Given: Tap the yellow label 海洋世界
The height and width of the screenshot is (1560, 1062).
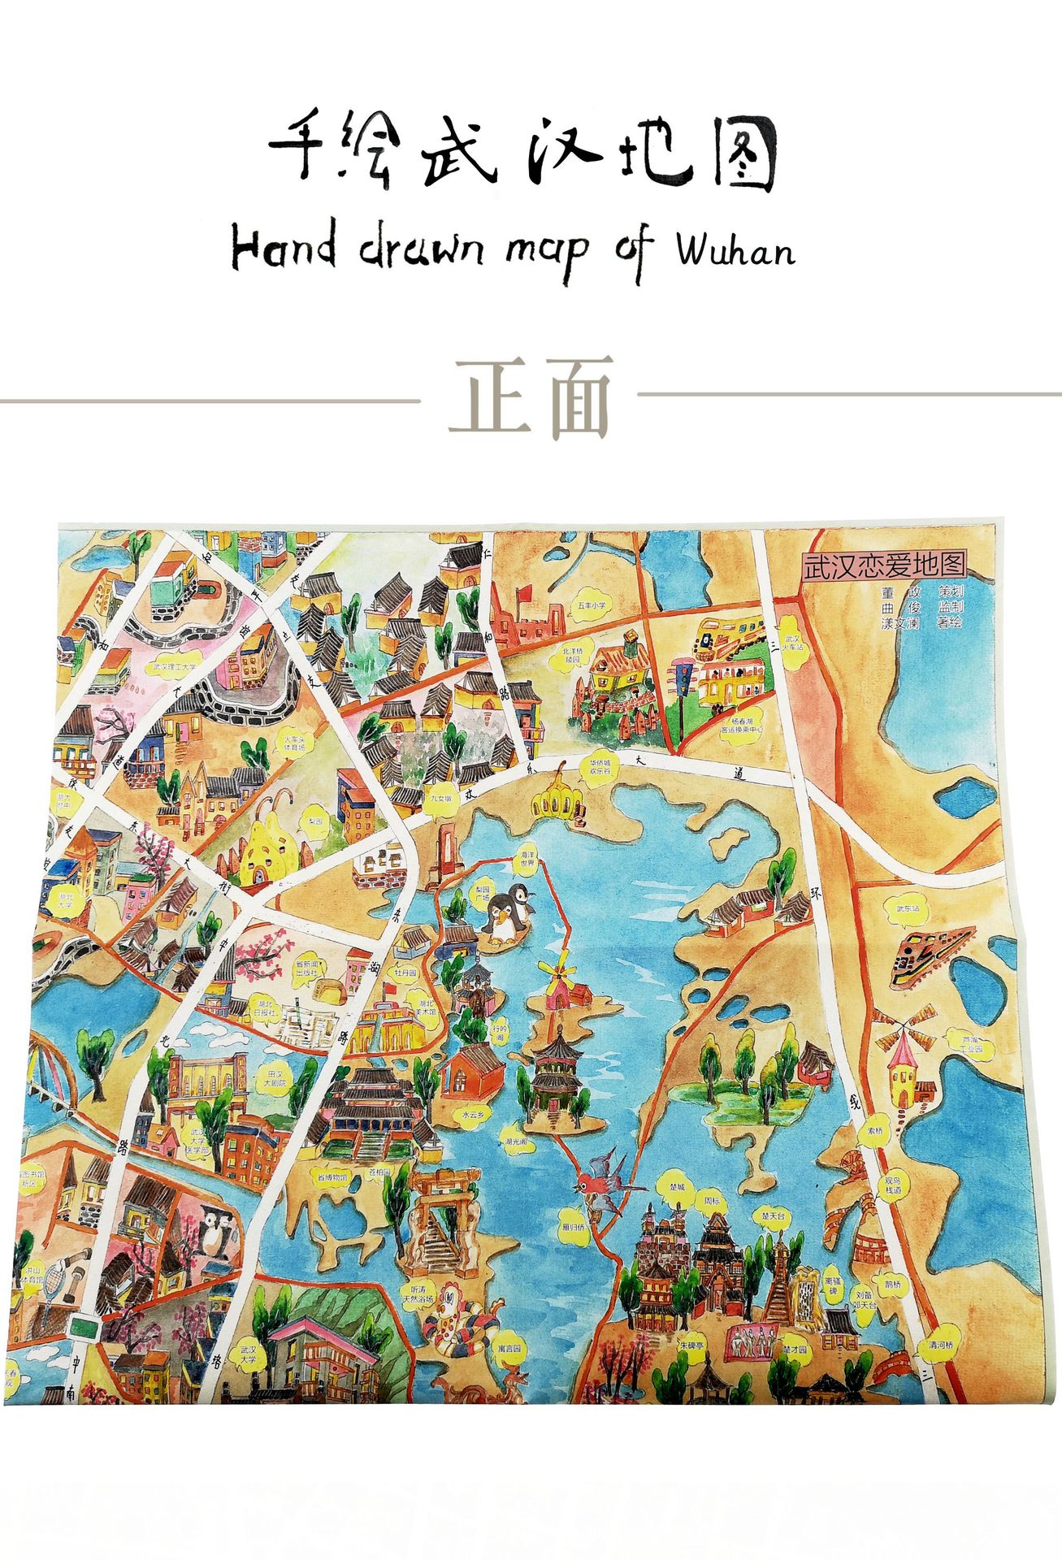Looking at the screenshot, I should pyautogui.click(x=527, y=859).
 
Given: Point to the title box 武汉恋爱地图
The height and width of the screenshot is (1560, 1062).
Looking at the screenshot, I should pyautogui.click(x=883, y=565).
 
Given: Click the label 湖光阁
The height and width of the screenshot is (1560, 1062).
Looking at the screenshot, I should pyautogui.click(x=515, y=1141).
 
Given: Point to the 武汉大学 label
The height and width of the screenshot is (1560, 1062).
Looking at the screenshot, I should pyautogui.click(x=247, y=1354).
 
